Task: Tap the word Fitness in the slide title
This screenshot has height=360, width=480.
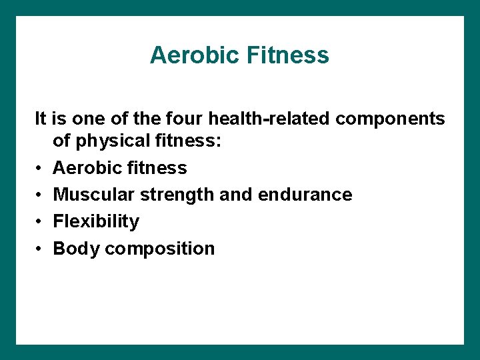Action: click(288, 55)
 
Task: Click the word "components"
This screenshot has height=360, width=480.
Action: click(390, 119)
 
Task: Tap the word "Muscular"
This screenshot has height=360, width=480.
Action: click(94, 195)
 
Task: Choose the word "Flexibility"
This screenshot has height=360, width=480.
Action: click(96, 221)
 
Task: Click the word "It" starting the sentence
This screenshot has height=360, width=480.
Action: click(41, 119)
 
